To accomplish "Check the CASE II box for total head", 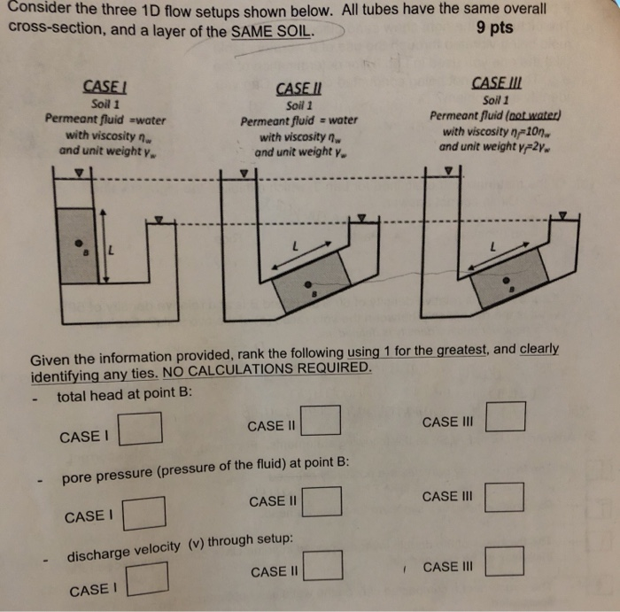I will coord(322,418).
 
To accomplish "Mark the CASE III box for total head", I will coord(506,415).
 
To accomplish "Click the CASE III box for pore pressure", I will coord(505,496).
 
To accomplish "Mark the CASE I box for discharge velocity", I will coord(148,582).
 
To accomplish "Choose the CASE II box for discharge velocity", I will coord(323,566).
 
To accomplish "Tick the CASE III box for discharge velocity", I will coord(504,561).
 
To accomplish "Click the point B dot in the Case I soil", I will coord(80,242).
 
